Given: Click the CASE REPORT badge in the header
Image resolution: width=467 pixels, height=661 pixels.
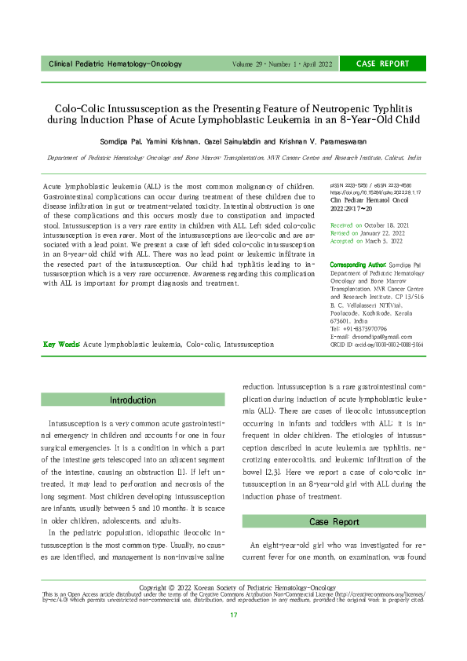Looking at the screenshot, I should coord(383,64).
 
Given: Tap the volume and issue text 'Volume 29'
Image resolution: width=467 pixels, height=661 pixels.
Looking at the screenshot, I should coord(250,64).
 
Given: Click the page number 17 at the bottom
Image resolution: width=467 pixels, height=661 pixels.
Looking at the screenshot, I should coord(233,637).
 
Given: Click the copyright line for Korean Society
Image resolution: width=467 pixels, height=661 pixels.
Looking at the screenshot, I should coord(233,609).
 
